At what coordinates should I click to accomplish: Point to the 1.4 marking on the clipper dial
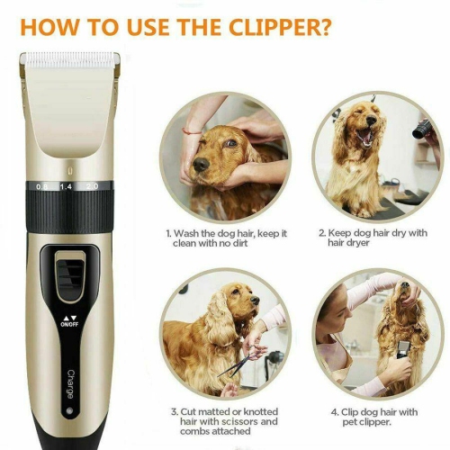65,185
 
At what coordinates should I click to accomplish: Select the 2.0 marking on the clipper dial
93,185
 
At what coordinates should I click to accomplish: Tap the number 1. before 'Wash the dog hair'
168,232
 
